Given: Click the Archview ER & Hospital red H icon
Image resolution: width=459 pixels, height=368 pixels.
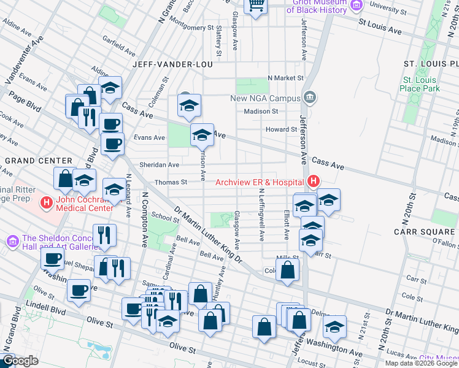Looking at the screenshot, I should tap(314, 182).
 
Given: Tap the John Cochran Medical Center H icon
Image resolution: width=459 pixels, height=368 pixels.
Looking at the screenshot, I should tap(46, 201).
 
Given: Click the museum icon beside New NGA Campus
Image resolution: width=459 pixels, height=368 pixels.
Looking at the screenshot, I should tap(309, 98).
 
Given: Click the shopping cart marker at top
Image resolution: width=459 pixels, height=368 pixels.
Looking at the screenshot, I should tap(256, 6).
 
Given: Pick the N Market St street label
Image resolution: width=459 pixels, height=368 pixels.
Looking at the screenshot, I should tap(285, 79).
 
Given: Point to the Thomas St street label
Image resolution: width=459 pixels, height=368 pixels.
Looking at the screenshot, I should tap(171, 182).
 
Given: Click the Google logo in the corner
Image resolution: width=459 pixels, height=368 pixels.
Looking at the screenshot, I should tap(20, 361).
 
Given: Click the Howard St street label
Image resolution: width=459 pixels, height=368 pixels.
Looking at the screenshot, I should tap(281, 129).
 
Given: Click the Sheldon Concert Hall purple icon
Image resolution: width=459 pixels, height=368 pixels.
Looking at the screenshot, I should tap(12, 242).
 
